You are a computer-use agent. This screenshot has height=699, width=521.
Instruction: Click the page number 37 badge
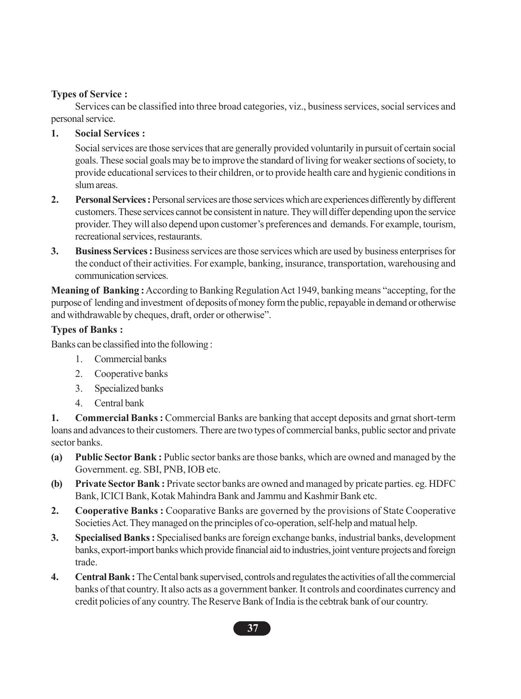point(252,628)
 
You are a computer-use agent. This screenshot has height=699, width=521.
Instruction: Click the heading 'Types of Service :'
point(89,94)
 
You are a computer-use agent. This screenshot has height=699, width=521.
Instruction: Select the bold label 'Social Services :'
point(110,134)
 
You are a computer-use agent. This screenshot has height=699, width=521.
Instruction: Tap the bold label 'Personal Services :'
point(113,200)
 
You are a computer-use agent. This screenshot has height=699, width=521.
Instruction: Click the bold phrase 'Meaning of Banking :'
point(97,291)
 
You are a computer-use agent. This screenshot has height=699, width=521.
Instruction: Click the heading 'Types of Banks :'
point(87,330)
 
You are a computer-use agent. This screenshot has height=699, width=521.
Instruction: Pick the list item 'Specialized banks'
point(129,389)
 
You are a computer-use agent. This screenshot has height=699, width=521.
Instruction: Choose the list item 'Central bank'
point(119,403)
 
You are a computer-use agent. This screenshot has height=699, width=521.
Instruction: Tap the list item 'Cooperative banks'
point(131,374)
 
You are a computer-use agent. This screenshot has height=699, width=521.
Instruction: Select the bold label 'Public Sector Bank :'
point(119,457)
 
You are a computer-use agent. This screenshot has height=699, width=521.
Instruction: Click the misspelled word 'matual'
point(384,523)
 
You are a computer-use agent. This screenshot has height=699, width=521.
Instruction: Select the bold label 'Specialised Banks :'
point(115,538)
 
